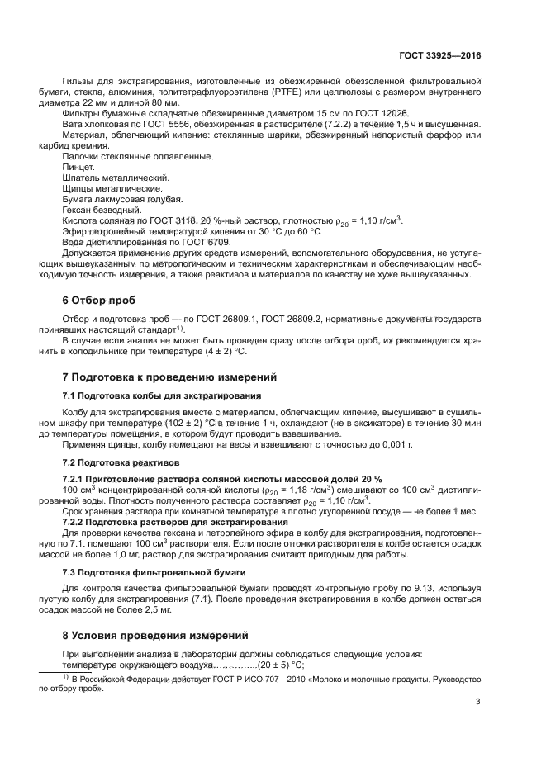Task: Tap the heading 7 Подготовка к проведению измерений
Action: (170, 377)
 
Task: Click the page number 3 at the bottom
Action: (478, 703)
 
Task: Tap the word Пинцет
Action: (78, 167)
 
